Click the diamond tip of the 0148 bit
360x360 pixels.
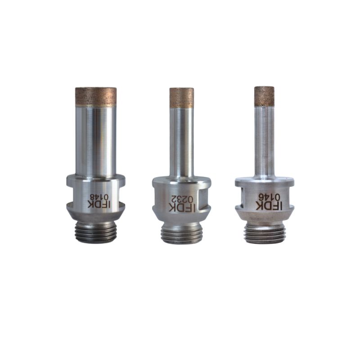pos(95,96)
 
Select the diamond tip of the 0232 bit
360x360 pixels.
pos(182,97)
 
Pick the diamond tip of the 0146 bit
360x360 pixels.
pos(264,96)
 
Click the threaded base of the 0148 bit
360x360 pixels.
pos(95,232)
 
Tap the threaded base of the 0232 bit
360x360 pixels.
pos(181,234)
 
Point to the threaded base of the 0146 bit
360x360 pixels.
pos(264,234)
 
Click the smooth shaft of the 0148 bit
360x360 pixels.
pos(95,139)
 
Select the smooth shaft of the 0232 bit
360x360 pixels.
pos(182,142)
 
